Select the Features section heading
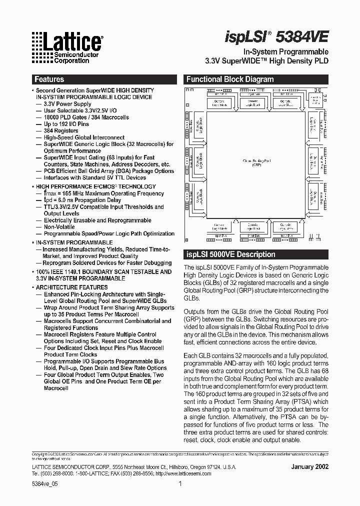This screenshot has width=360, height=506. [49, 79]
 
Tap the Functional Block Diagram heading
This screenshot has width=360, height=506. [229, 79]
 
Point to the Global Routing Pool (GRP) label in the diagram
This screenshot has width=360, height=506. [256, 162]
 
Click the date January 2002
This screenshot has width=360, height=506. [309, 466]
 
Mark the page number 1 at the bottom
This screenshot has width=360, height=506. [180, 483]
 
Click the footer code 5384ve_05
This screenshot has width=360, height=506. [44, 483]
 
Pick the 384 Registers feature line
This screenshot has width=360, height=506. [62, 131]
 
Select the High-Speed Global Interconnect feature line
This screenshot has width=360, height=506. [84, 137]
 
